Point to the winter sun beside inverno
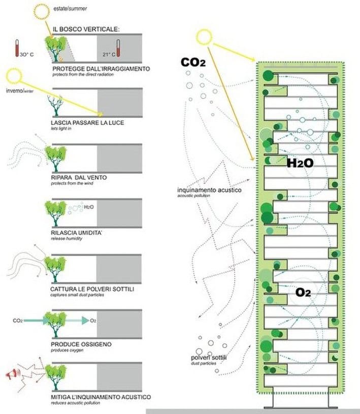[14, 77]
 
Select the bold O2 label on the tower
[303, 293]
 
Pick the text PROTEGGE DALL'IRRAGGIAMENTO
[101, 68]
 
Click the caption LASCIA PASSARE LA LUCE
[87, 123]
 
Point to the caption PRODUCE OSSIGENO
[81, 344]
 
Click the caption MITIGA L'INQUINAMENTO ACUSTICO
[101, 397]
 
